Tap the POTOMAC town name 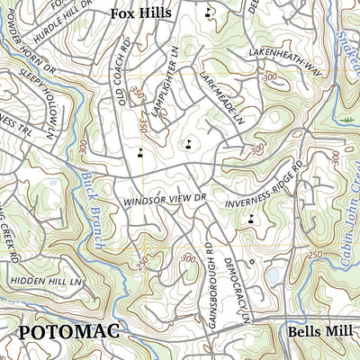68,332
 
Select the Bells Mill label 322,331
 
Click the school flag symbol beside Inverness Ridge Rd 250,217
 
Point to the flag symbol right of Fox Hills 209,13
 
